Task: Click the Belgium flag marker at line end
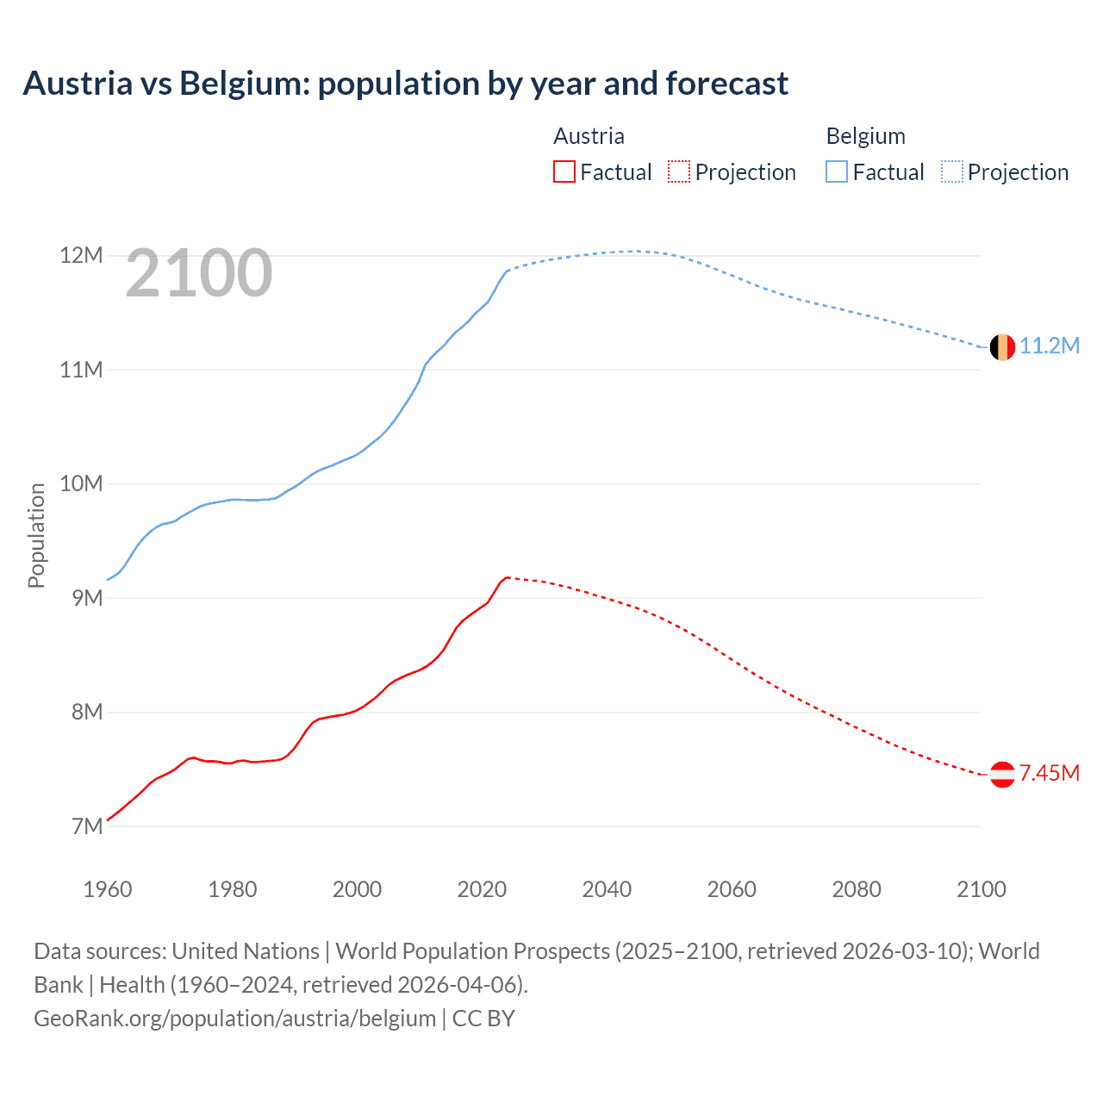(x=1001, y=347)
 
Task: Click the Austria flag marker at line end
(x=1001, y=775)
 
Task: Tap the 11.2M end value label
(x=1049, y=346)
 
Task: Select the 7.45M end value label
(x=1049, y=774)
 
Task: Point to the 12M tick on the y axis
(x=81, y=256)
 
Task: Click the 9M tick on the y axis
(x=87, y=598)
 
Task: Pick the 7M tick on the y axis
(x=87, y=826)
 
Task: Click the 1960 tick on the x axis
(x=108, y=889)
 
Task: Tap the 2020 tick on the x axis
(x=482, y=889)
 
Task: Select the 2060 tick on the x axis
(x=732, y=889)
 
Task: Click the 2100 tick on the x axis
(x=981, y=889)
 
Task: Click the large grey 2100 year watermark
(x=199, y=274)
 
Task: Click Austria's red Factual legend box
(x=564, y=172)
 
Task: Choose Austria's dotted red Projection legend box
(x=679, y=172)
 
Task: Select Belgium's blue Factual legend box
(x=837, y=172)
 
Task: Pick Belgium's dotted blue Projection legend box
(x=951, y=172)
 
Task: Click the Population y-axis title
(x=36, y=535)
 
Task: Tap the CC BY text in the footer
(x=483, y=1019)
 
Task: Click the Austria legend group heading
(x=589, y=136)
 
